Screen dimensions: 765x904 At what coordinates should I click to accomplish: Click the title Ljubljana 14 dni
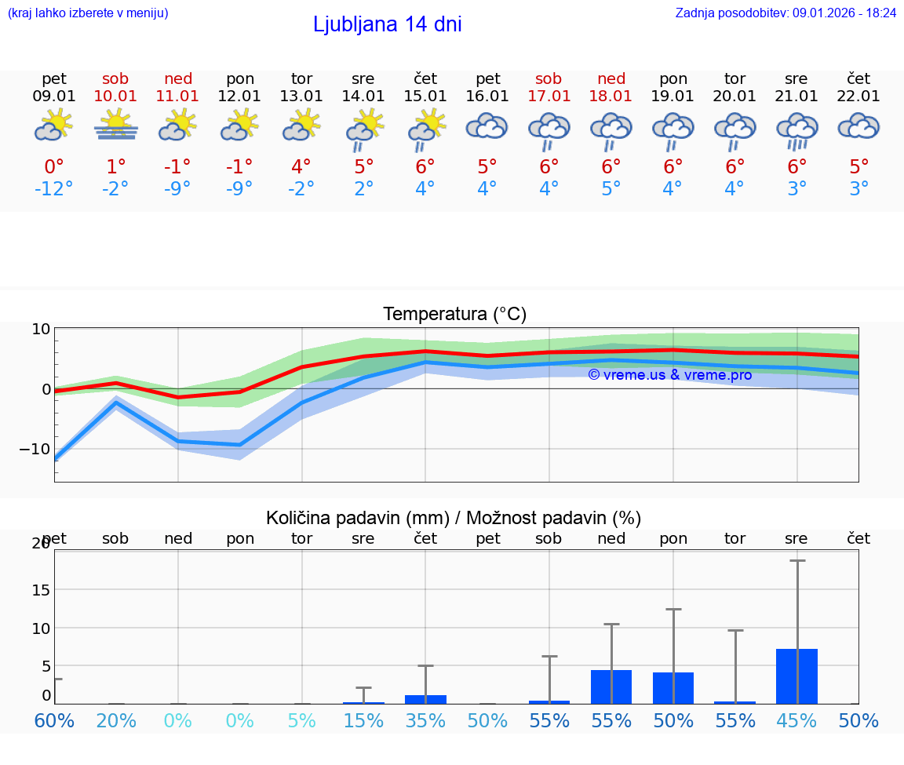tap(387, 24)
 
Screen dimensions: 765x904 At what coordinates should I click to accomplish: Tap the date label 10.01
tap(115, 97)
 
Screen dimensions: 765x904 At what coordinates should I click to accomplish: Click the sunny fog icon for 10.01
tap(115, 126)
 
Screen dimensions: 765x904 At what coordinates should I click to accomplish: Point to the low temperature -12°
tap(53, 189)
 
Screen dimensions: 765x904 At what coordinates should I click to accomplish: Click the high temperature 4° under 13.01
tap(301, 166)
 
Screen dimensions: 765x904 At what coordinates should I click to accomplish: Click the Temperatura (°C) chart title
tap(454, 315)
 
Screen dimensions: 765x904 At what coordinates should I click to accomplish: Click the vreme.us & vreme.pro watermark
tap(669, 375)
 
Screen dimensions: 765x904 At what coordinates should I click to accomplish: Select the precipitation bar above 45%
tap(796, 676)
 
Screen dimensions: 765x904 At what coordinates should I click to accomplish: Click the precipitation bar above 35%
tap(425, 699)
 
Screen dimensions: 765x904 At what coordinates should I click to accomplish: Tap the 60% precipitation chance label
tap(53, 720)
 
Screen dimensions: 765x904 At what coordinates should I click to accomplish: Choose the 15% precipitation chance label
tap(363, 720)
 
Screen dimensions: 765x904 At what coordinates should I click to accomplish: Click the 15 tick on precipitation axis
tap(41, 589)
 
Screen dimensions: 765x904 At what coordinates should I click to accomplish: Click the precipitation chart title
tap(454, 518)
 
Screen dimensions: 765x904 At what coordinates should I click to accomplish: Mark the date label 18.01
tap(611, 97)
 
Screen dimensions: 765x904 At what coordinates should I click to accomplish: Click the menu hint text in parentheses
tap(88, 13)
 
